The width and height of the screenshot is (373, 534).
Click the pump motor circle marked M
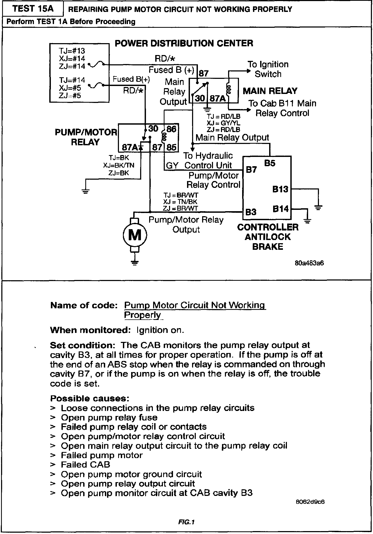tap(135, 235)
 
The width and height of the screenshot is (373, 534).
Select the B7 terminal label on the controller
tap(251, 169)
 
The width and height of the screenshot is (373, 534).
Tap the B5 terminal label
tap(270, 163)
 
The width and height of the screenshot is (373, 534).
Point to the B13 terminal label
tap(280, 189)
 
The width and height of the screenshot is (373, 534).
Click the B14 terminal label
tap(281, 209)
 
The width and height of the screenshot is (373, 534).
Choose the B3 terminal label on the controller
tap(251, 212)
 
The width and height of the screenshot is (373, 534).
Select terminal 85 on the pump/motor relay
tap(171, 147)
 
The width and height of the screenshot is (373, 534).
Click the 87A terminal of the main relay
tap(217, 98)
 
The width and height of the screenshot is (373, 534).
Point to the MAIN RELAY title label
tap(270, 91)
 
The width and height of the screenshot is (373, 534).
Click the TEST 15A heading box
tap(33, 9)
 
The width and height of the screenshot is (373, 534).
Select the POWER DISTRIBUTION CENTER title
tap(184, 43)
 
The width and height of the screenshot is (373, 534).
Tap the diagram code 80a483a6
tap(309, 263)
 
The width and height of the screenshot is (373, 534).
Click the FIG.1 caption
tap(186, 522)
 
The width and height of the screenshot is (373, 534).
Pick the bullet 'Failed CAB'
tap(85, 464)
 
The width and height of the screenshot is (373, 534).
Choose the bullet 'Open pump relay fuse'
tap(109, 417)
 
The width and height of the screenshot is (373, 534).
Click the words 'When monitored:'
tap(90, 330)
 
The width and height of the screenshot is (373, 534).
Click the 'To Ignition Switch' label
tap(268, 69)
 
